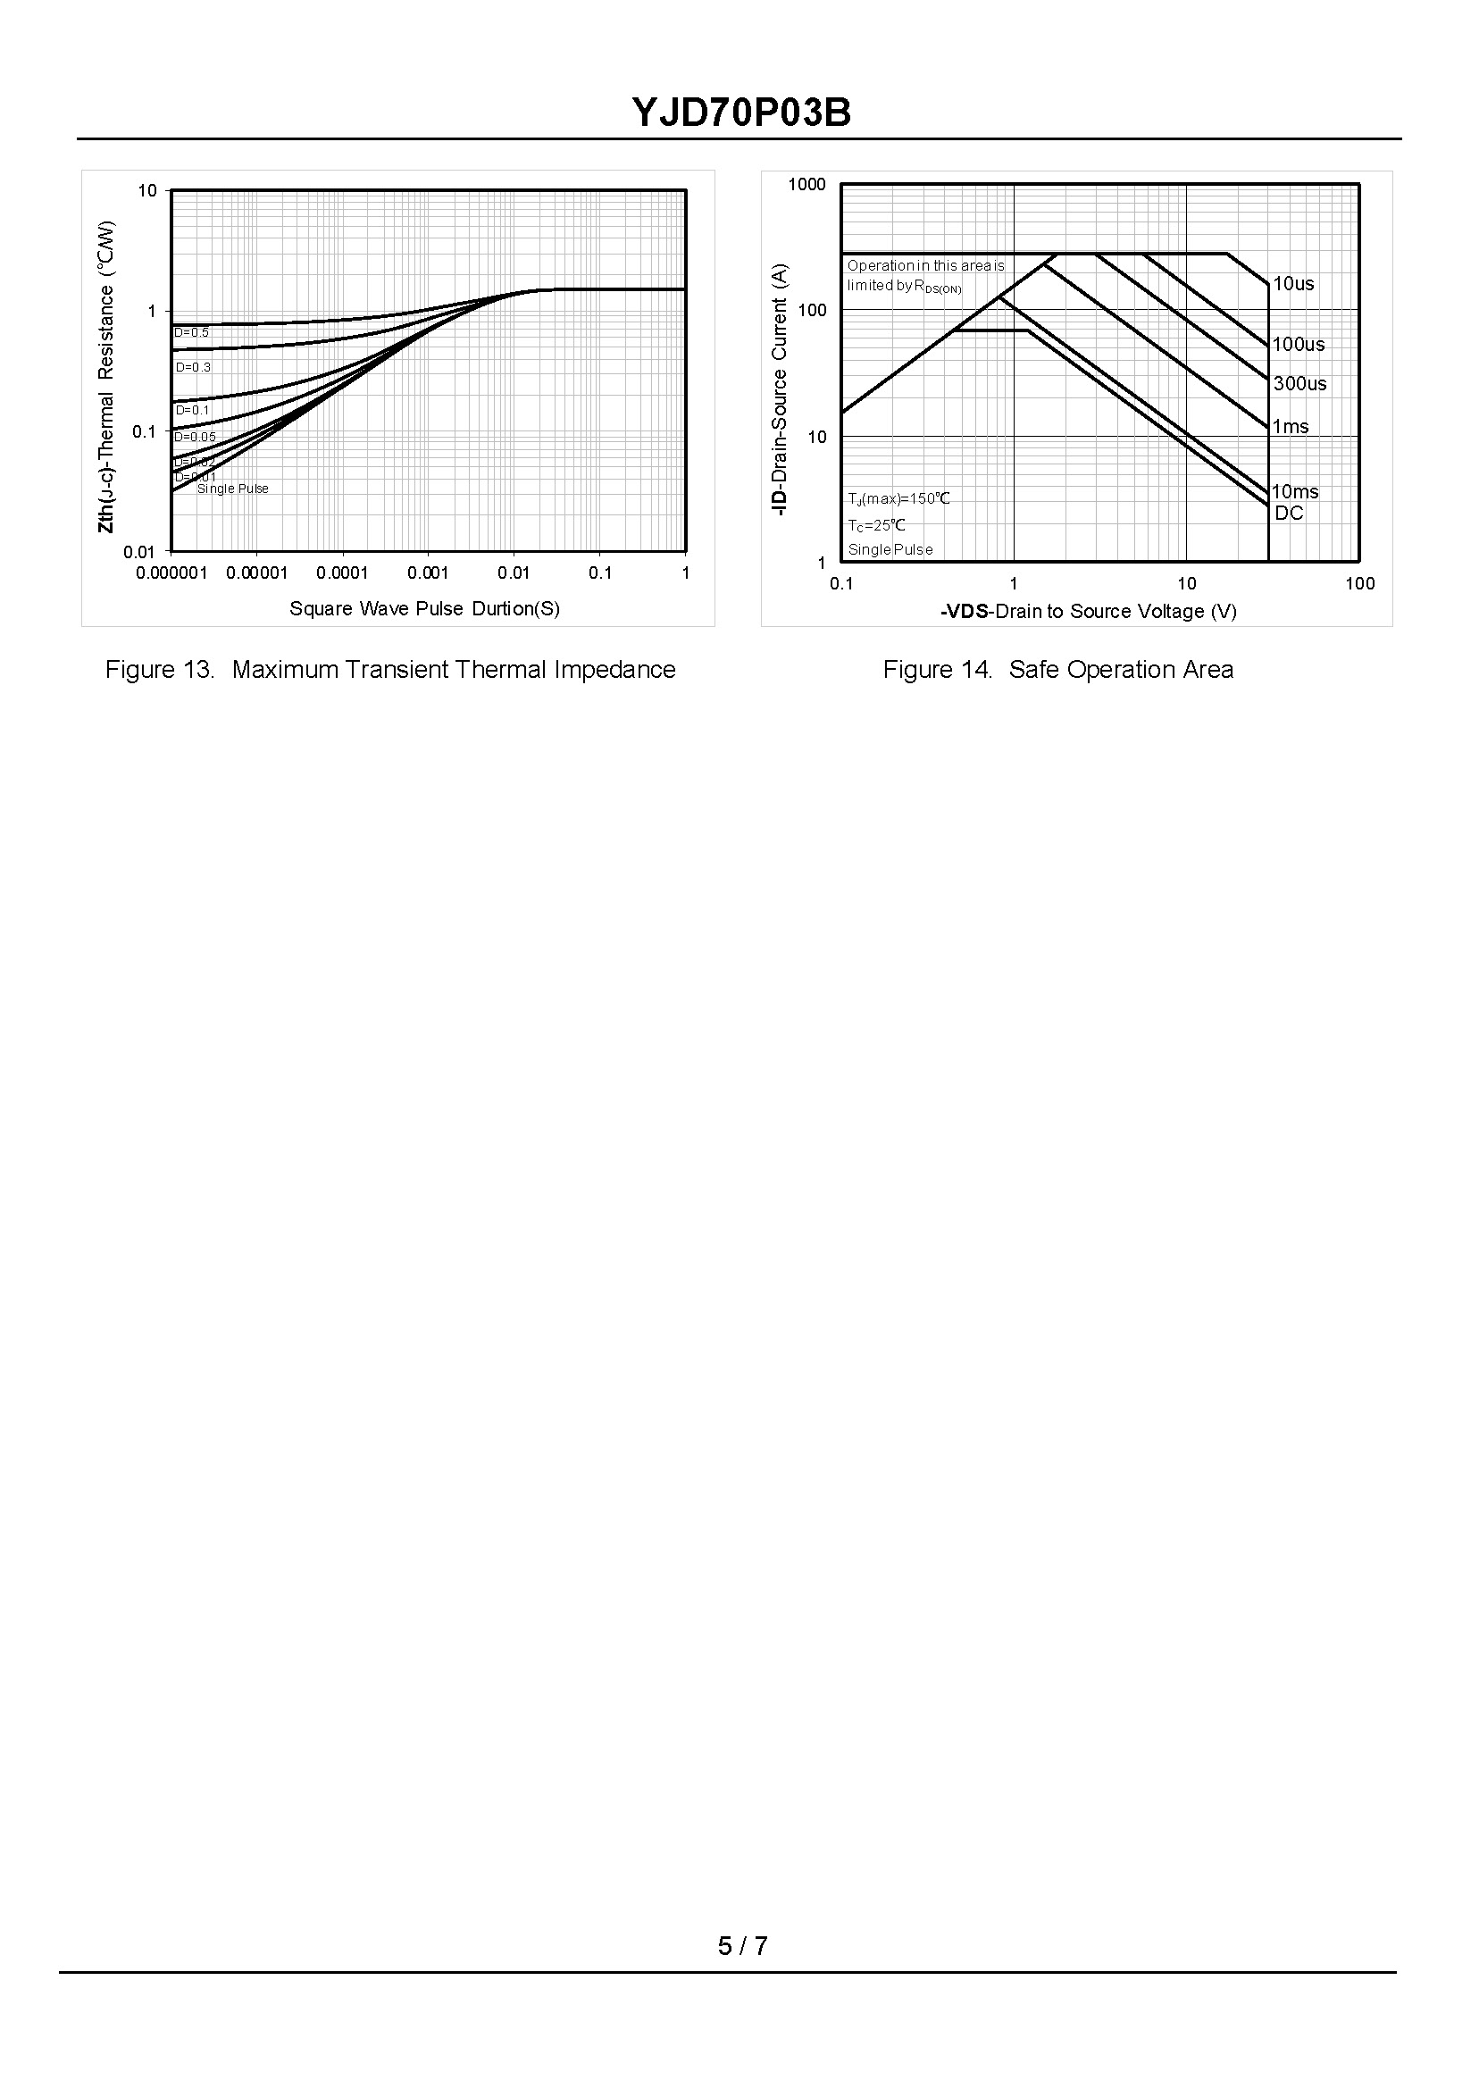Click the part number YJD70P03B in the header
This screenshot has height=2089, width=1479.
pyautogui.click(x=741, y=113)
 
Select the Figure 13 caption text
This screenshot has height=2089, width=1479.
pyautogui.click(x=389, y=669)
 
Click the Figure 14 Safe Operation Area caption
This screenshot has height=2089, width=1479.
pyautogui.click(x=1057, y=669)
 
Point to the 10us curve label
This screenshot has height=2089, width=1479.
pyautogui.click(x=1292, y=283)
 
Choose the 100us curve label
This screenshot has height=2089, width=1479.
pyautogui.click(x=1298, y=344)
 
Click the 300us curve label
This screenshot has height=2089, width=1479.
pyautogui.click(x=1299, y=383)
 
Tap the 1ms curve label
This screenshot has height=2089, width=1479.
pyautogui.click(x=1291, y=426)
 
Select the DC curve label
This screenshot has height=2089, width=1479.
pyautogui.click(x=1289, y=513)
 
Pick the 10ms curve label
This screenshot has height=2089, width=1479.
pyautogui.click(x=1294, y=492)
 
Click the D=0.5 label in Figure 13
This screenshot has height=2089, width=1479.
pyautogui.click(x=192, y=332)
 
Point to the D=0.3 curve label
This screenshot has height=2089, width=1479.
pyautogui.click(x=193, y=367)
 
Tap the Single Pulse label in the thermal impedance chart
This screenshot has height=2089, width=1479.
pyautogui.click(x=233, y=489)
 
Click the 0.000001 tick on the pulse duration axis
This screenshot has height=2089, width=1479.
pyautogui.click(x=171, y=572)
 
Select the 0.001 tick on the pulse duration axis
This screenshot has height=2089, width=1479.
pyautogui.click(x=428, y=572)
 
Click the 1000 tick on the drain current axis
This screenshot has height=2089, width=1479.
pyautogui.click(x=806, y=185)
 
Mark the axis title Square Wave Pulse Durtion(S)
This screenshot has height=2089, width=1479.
pyautogui.click(x=424, y=608)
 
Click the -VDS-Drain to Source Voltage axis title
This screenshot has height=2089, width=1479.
pyautogui.click(x=1089, y=611)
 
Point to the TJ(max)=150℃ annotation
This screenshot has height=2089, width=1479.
pyautogui.click(x=898, y=499)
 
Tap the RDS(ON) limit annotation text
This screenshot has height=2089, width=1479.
pyautogui.click(x=925, y=276)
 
